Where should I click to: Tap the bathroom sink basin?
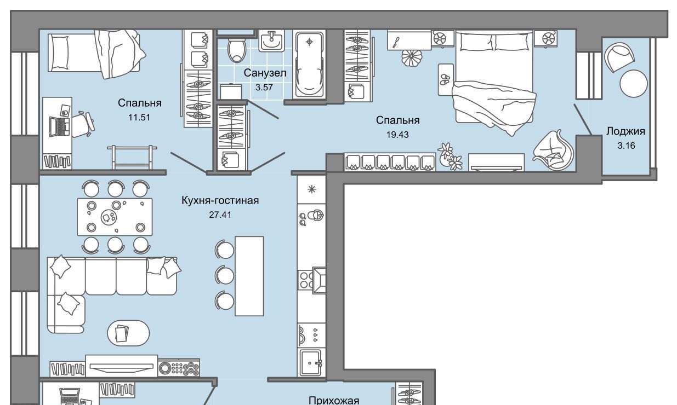pos(271,40)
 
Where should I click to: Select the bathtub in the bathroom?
pos(309,65)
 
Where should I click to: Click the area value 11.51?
pos(139,118)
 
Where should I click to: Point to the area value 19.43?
pos(397,135)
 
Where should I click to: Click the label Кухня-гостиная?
pos(220,200)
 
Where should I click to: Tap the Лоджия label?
pos(625,131)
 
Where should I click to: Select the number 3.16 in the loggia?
pos(626,146)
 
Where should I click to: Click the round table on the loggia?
pos(634,84)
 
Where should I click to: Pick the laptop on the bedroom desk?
pos(60,126)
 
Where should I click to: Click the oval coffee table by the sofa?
pos(128,333)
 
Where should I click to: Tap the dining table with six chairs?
pos(115,217)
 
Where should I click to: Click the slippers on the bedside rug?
pos(445,79)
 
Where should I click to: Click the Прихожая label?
pos(334,401)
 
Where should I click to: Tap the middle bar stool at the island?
pos(225,275)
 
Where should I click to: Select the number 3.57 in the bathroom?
pos(264,88)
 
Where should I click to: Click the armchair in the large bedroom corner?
pos(553,150)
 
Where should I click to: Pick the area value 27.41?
pos(220,215)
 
